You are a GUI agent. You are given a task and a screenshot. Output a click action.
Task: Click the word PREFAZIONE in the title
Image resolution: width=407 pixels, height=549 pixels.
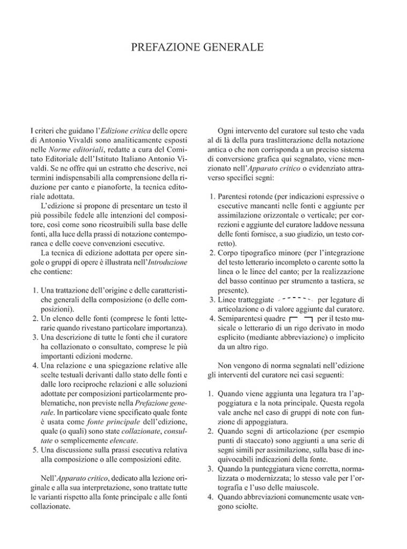(x=164, y=49)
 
